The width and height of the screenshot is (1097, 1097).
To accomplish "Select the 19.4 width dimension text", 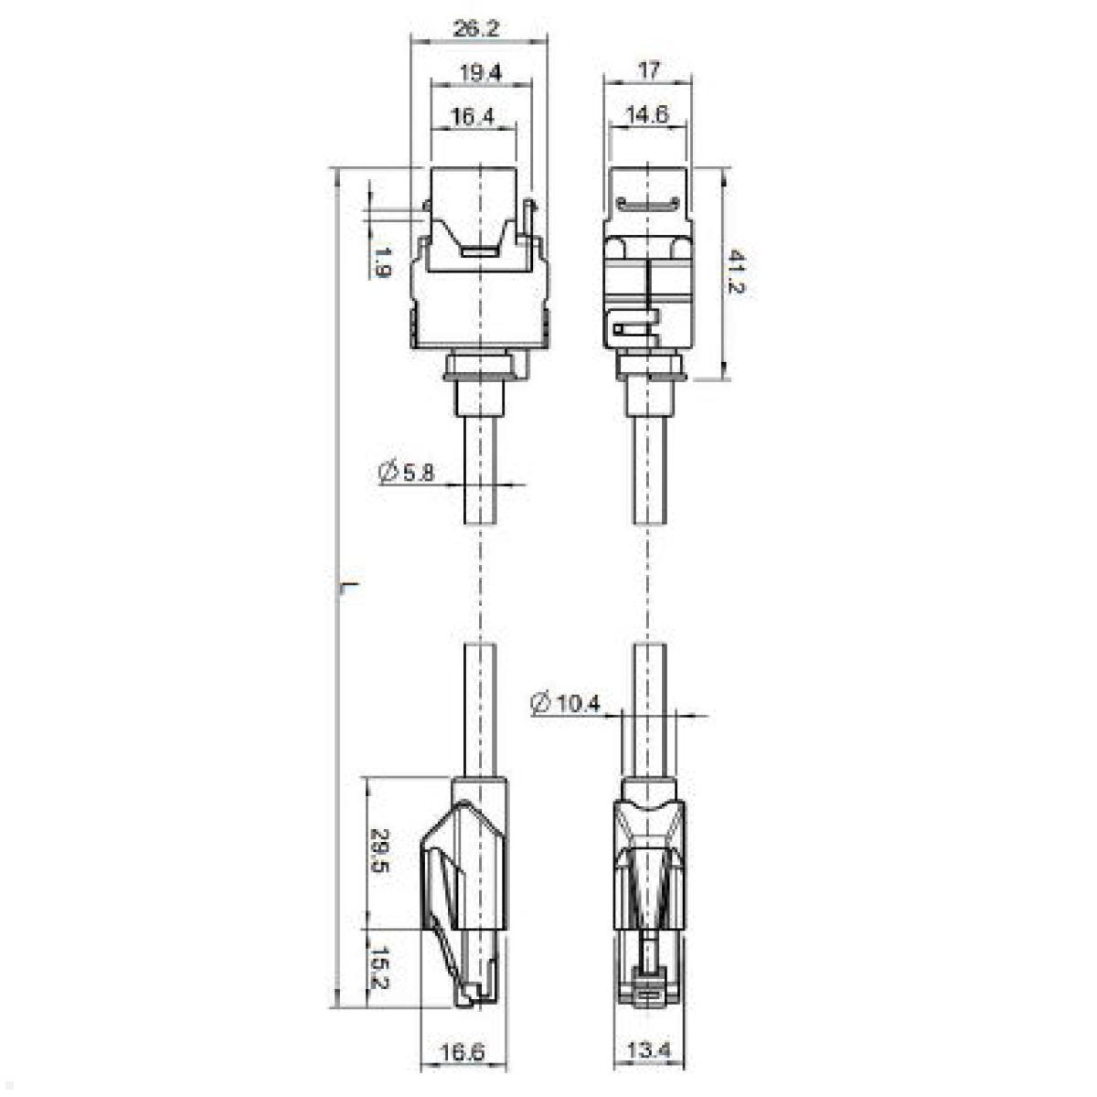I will point(481,73).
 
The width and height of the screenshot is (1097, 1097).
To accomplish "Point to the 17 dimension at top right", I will point(650,69).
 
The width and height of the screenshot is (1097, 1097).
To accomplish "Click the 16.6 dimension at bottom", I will point(462,1051).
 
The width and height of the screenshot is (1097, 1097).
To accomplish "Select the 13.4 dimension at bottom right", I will point(650,1051).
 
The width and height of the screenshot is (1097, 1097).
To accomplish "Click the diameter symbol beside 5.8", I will point(386,472).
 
